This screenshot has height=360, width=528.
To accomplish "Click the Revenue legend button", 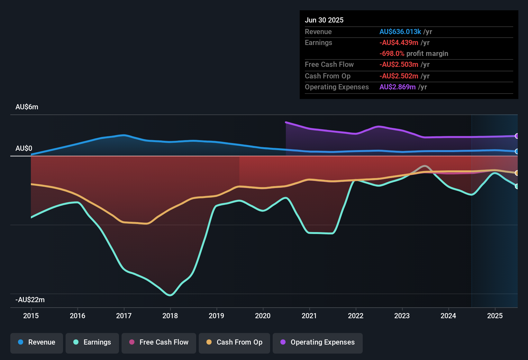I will pyautogui.click(x=37, y=342).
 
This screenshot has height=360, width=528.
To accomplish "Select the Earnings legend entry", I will pyautogui.click(x=92, y=342).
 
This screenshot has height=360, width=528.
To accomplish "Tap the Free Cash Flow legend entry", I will pyautogui.click(x=159, y=342).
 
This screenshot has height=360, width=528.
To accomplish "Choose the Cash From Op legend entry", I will pyautogui.click(x=234, y=342).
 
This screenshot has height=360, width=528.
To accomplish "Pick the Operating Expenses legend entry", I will pyautogui.click(x=318, y=342).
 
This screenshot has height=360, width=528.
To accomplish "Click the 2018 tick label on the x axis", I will pyautogui.click(x=170, y=316).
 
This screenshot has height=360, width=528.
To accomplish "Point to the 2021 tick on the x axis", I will pyautogui.click(x=309, y=316).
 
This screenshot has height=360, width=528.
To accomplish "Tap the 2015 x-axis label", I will pyautogui.click(x=31, y=316).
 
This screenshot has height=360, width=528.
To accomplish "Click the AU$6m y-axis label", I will pyautogui.click(x=27, y=107).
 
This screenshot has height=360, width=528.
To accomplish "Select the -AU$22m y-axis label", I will pyautogui.click(x=30, y=300).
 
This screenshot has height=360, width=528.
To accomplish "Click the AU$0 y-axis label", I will pyautogui.click(x=24, y=148).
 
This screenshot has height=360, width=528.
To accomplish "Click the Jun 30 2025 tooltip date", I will pyautogui.click(x=324, y=20).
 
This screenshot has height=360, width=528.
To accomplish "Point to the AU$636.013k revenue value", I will pyautogui.click(x=400, y=32).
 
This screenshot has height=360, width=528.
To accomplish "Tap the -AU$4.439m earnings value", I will pyautogui.click(x=399, y=43).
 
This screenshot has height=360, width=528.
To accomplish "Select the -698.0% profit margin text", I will pyautogui.click(x=414, y=54).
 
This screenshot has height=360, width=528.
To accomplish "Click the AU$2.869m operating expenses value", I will pyautogui.click(x=397, y=87).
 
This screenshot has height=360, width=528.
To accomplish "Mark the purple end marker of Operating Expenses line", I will pyautogui.click(x=517, y=136).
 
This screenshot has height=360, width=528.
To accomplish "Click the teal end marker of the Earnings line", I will pyautogui.click(x=517, y=186).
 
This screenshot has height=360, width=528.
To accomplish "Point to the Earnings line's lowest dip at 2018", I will pyautogui.click(x=170, y=295).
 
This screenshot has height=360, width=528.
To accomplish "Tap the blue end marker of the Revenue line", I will pyautogui.click(x=517, y=151).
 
